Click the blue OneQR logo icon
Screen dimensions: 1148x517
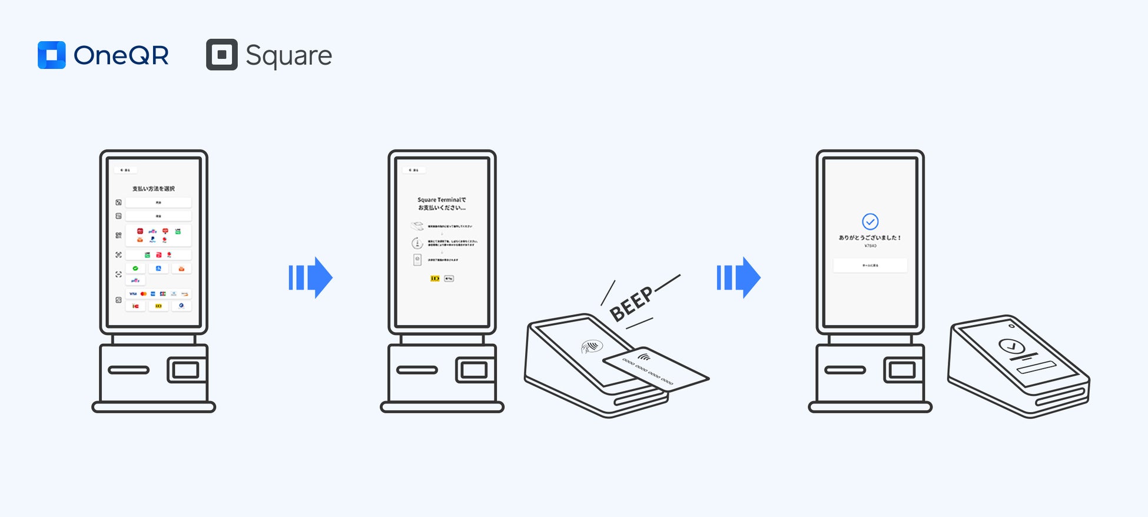pyautogui.click(x=52, y=55)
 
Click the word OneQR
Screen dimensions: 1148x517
pyautogui.click(x=121, y=55)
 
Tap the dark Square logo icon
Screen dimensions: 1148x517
pyautogui.click(x=222, y=55)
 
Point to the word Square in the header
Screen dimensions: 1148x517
pyautogui.click(x=288, y=56)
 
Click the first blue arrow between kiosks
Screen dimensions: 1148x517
pyautogui.click(x=310, y=277)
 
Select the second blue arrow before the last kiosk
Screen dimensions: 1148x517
pyautogui.click(x=738, y=277)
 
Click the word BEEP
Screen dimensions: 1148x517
pyautogui.click(x=631, y=304)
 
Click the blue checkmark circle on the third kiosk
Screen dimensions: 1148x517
pyautogui.click(x=870, y=221)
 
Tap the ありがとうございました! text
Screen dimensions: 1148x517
pyautogui.click(x=870, y=237)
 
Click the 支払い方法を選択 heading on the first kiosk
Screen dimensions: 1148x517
pyautogui.click(x=153, y=188)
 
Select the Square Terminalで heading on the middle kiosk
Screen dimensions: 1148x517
pyautogui.click(x=442, y=200)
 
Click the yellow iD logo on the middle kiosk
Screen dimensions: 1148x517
pyautogui.click(x=435, y=279)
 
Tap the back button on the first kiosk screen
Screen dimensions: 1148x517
pyautogui.click(x=125, y=170)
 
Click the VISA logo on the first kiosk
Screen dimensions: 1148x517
pyautogui.click(x=133, y=293)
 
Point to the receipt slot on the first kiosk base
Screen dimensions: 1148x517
pyautogui.click(x=128, y=370)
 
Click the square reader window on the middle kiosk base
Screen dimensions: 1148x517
pyautogui.click(x=474, y=370)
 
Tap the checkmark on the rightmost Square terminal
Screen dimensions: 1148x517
pyautogui.click(x=1011, y=346)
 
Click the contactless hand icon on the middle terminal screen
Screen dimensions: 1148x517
pyautogui.click(x=590, y=346)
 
